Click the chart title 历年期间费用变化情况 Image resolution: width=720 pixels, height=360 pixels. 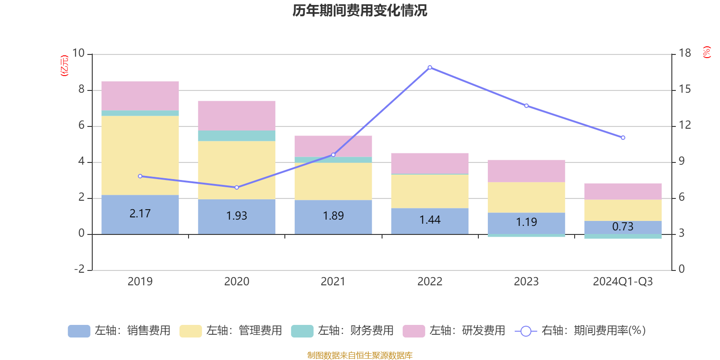click(x=360, y=10)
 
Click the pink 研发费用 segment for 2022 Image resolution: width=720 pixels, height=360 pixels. click(x=430, y=163)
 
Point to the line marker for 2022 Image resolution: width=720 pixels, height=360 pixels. click(x=430, y=67)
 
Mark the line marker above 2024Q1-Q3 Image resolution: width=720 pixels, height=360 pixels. click(x=623, y=138)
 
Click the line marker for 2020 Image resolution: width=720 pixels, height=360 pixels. click(x=237, y=187)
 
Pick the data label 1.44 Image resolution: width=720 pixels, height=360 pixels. click(x=430, y=220)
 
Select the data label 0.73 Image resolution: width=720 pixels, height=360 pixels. click(x=623, y=227)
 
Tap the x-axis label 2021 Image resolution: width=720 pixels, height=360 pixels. click(x=333, y=282)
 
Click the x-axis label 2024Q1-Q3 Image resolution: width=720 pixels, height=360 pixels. click(x=623, y=282)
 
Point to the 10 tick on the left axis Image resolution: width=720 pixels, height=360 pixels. click(x=78, y=53)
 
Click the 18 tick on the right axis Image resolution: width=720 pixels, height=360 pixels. click(x=684, y=53)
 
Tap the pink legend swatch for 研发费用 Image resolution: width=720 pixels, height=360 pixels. click(x=414, y=331)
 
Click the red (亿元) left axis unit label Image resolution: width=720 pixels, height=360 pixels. click(x=64, y=66)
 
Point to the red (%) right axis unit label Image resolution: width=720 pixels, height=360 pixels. click(x=707, y=52)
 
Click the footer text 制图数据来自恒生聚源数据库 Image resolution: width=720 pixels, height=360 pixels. click(x=360, y=355)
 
